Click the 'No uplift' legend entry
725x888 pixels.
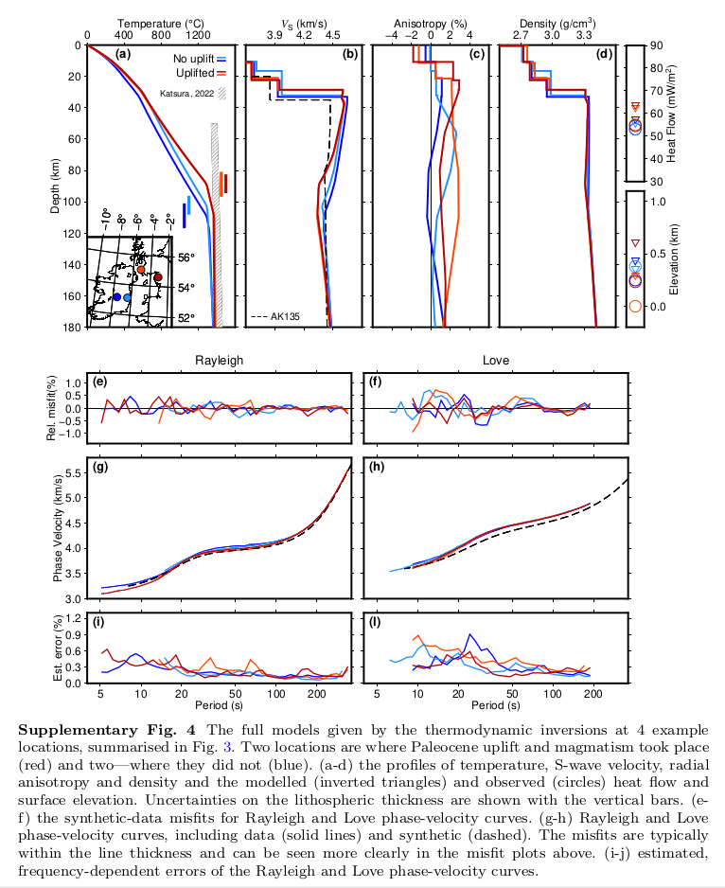tap(194, 59)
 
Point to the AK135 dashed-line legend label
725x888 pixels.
tap(285, 316)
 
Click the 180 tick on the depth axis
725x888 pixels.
tap(72, 328)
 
